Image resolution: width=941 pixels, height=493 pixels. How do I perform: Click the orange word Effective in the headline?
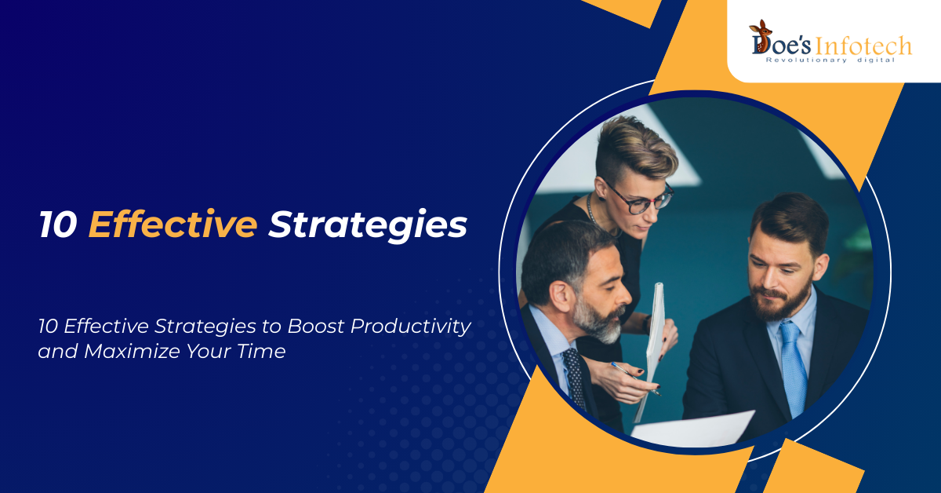point(173,225)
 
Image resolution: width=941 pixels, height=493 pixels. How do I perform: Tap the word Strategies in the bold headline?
point(368,226)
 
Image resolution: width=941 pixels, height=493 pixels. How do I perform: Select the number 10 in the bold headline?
point(58,225)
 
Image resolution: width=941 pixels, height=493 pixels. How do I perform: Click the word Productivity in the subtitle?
point(410,327)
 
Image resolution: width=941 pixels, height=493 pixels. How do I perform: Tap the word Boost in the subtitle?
point(315,326)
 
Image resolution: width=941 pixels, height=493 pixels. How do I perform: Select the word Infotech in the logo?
point(863,46)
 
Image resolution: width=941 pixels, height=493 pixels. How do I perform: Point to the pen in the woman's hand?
point(636,378)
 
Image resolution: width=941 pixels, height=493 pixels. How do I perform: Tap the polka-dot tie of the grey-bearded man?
point(574,378)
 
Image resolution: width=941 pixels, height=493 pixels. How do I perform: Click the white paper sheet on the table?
point(692,429)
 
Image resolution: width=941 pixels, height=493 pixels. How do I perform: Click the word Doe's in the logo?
point(780,45)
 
